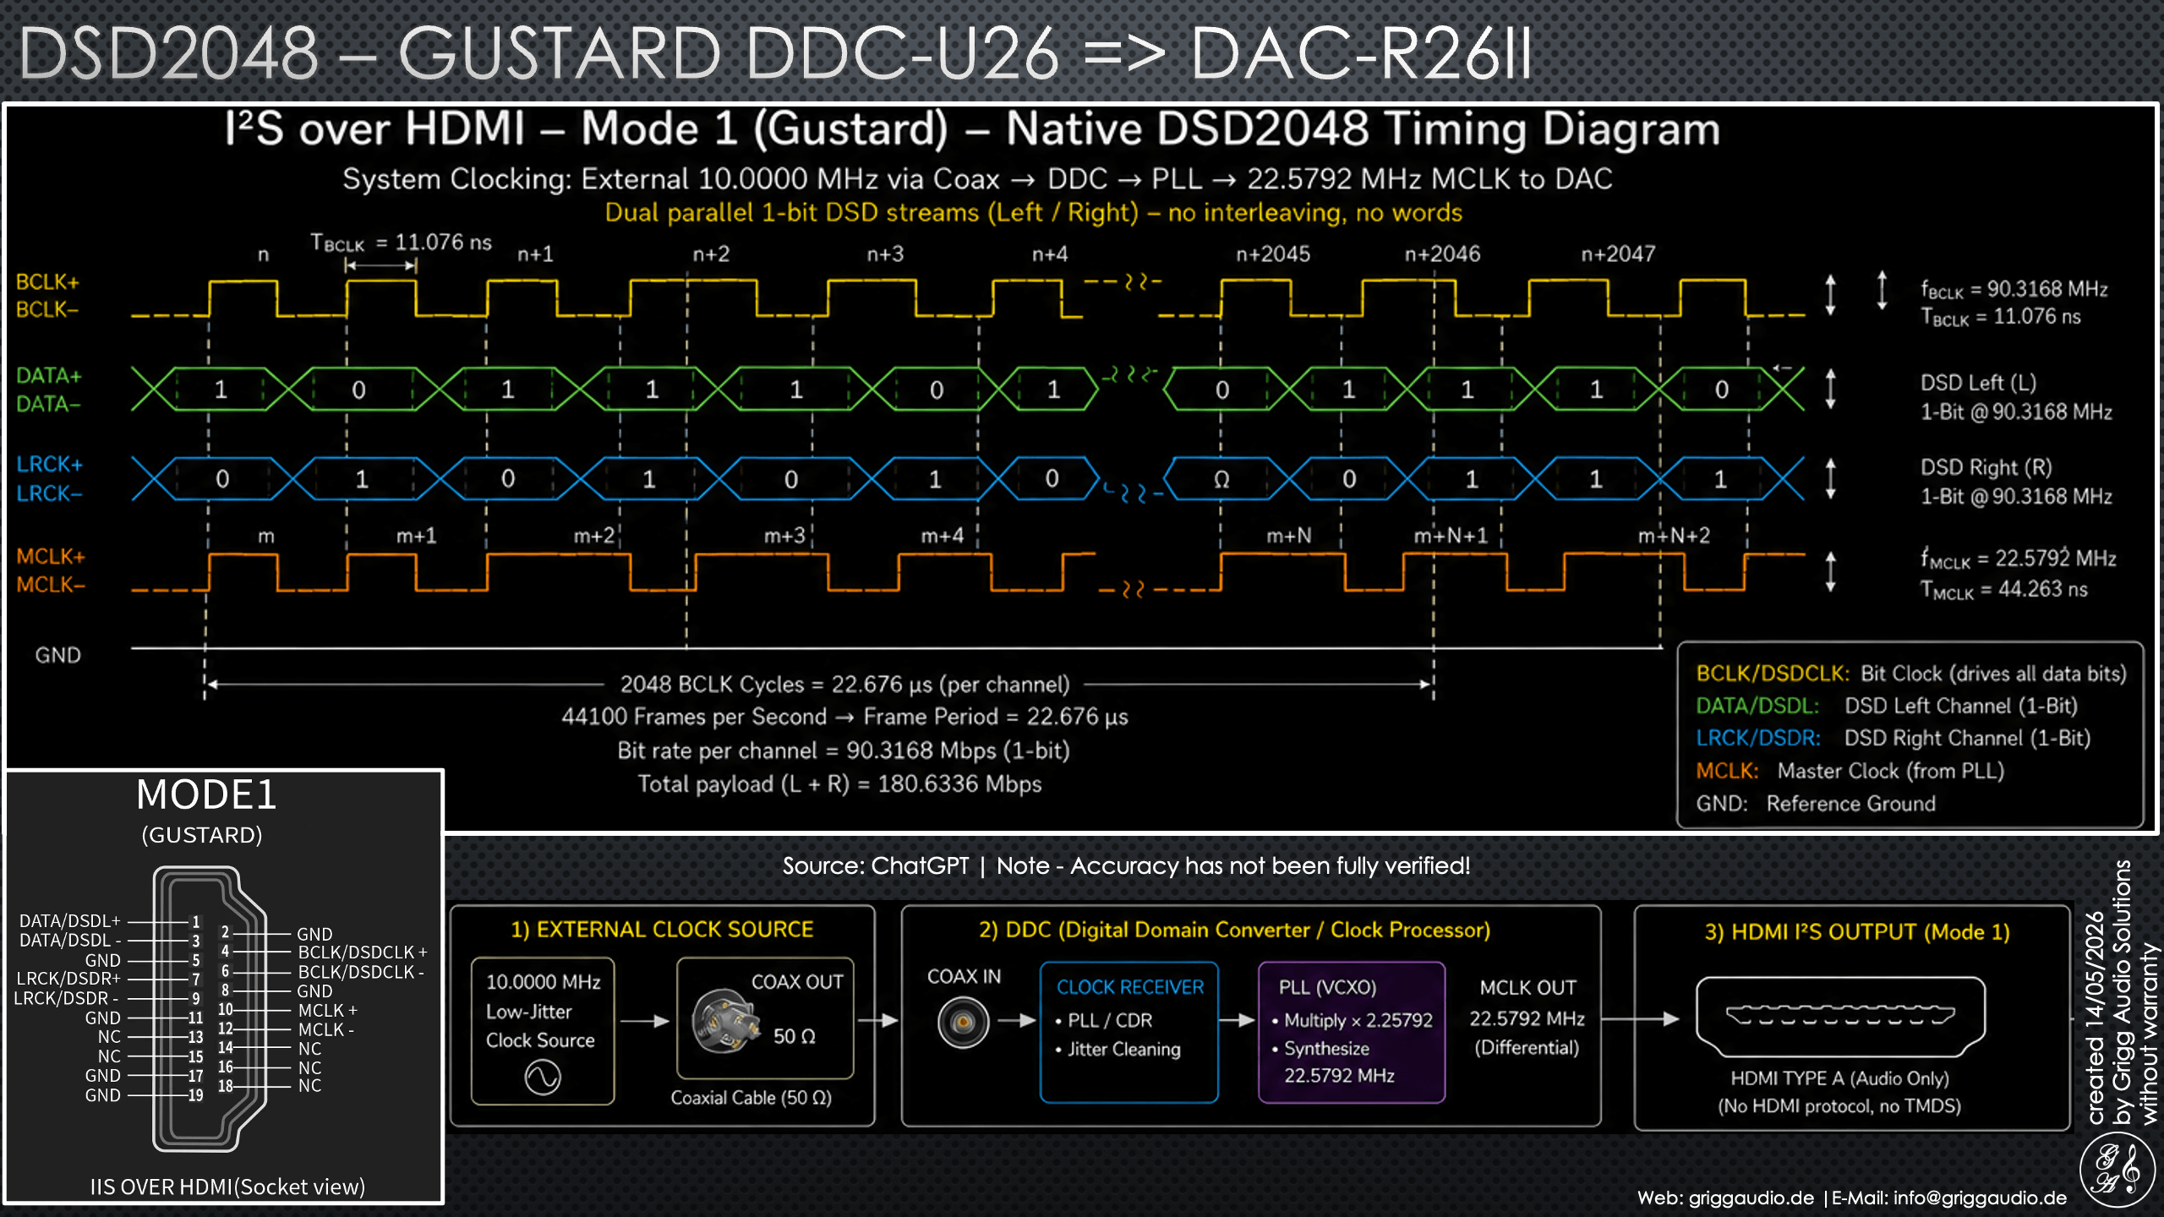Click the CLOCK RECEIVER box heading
[1130, 987]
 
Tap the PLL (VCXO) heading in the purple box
[1327, 987]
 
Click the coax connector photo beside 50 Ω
[724, 1020]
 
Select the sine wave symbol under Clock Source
[543, 1078]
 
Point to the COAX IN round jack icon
[963, 1023]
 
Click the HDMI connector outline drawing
[1840, 1017]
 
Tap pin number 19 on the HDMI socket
[195, 1095]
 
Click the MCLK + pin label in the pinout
[328, 1011]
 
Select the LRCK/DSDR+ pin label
[68, 979]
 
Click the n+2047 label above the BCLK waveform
[1618, 254]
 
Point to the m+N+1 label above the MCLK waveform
[1451, 536]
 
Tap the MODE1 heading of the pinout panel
[206, 794]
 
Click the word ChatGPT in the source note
[920, 865]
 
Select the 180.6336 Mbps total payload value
[959, 784]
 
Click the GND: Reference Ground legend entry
[1816, 804]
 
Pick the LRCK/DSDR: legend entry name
[1758, 738]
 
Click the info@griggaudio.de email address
[1980, 1198]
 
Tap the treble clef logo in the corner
[2117, 1171]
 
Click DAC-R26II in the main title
[1361, 52]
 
